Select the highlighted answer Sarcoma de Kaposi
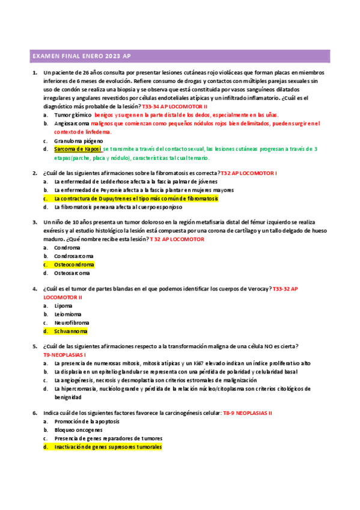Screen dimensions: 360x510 tap(78, 149)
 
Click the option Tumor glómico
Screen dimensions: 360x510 tap(73, 114)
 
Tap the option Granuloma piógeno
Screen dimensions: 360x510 tap(76, 140)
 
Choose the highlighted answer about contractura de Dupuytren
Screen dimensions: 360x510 tap(136, 198)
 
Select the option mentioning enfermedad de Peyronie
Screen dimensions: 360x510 tap(135, 189)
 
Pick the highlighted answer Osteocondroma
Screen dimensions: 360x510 tap(74, 264)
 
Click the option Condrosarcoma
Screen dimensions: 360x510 tap(73, 256)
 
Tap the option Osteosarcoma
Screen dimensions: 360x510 tap(71, 272)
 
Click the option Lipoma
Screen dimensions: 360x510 tap(63, 306)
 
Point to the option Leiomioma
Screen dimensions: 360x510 tap(67, 314)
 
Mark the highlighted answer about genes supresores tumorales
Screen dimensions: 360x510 tap(108, 447)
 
